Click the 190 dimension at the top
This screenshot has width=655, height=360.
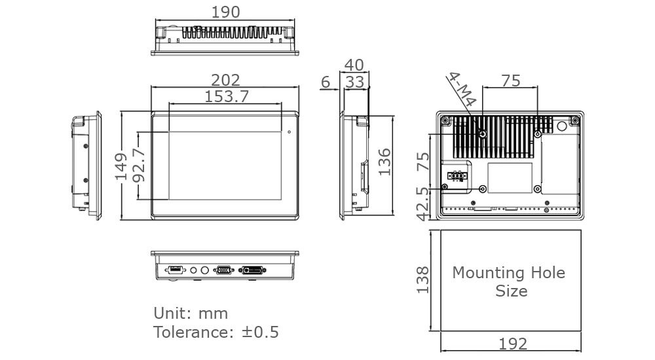pyautogui.click(x=225, y=12)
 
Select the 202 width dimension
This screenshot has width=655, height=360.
pyautogui.click(x=225, y=79)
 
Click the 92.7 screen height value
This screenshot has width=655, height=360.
pyautogui.click(x=137, y=166)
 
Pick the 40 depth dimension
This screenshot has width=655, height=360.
pyautogui.click(x=354, y=65)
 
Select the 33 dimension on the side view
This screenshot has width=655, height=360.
pyautogui.click(x=354, y=82)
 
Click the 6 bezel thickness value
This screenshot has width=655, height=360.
pyautogui.click(x=326, y=82)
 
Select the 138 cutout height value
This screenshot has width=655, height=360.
pyautogui.click(x=422, y=279)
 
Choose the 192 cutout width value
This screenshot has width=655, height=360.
pyautogui.click(x=512, y=344)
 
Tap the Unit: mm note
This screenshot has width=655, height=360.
pyautogui.click(x=191, y=313)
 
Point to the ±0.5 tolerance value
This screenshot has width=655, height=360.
pyautogui.click(x=260, y=332)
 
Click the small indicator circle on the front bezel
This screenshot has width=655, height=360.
pyautogui.click(x=288, y=132)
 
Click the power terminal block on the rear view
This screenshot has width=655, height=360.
pyautogui.click(x=456, y=176)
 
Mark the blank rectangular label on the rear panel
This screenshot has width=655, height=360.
pyautogui.click(x=510, y=177)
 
